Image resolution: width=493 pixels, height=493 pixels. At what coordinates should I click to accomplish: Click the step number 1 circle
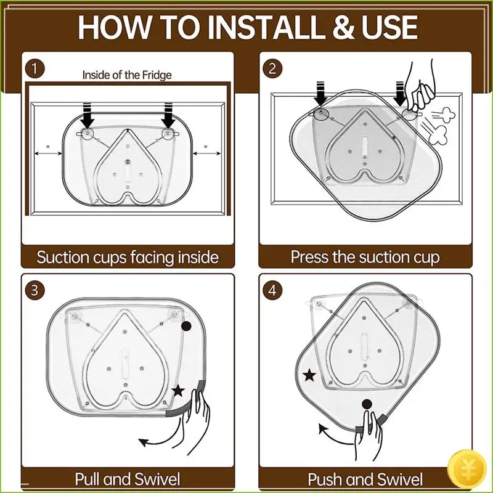35,69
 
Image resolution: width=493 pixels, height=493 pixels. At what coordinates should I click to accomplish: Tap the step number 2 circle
272,68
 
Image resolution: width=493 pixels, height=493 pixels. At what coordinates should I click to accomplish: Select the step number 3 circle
35,290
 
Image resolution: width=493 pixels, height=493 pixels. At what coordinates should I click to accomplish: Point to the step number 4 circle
272,290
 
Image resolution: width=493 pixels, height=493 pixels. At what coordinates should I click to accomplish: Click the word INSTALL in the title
266,27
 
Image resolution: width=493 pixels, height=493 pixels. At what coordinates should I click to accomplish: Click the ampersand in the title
344,27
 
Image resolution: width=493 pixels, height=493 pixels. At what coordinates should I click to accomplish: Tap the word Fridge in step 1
157,75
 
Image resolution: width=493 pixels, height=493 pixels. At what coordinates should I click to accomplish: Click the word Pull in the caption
88,479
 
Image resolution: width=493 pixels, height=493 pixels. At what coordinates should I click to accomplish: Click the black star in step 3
179,391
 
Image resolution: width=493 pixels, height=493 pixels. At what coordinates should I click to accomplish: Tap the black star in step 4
309,375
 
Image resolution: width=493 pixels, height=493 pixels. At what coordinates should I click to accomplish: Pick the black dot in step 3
187,327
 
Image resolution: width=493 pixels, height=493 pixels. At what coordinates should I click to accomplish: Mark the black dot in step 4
367,404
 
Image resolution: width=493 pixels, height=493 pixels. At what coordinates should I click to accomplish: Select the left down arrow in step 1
89,115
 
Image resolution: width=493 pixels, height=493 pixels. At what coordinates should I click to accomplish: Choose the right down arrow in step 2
399,94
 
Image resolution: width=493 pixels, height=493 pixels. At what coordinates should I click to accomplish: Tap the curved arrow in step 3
160,437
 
